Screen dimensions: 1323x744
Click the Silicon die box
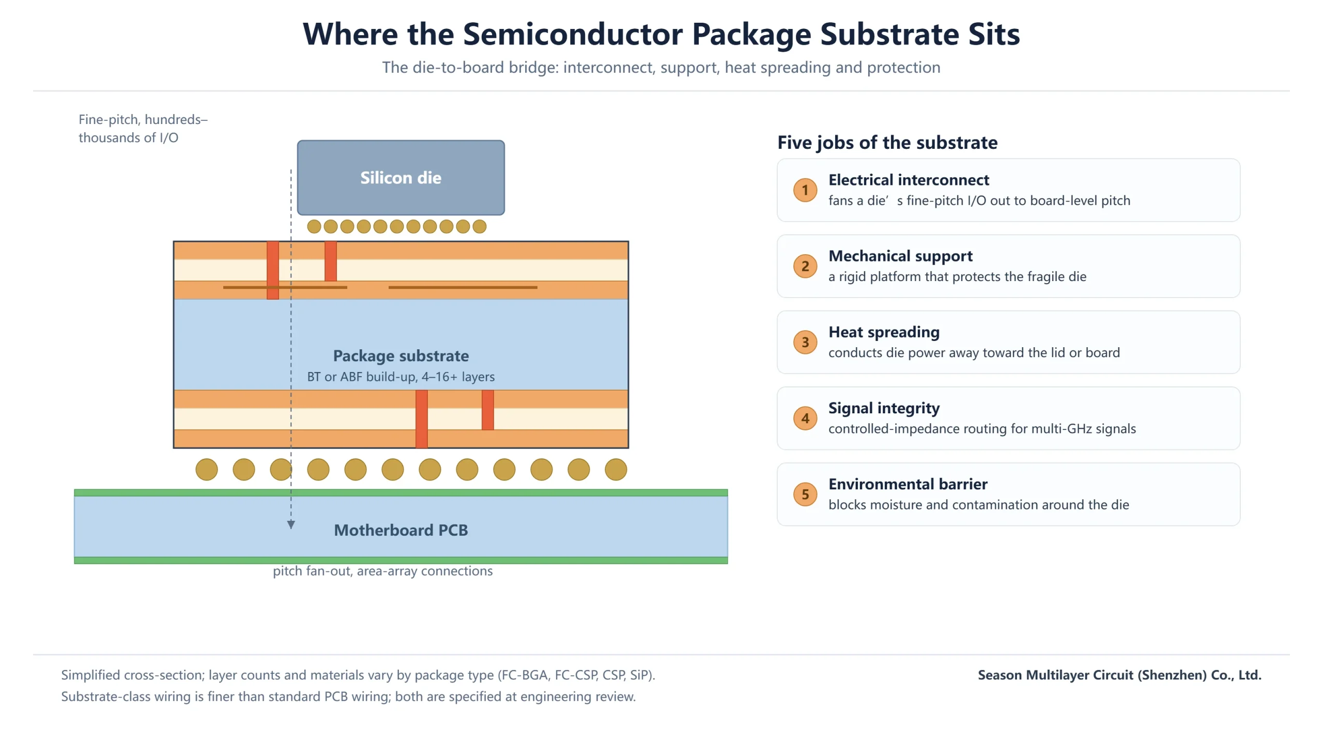coord(401,177)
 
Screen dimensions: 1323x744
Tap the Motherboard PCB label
coord(401,530)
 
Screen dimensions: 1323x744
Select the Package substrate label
coord(401,356)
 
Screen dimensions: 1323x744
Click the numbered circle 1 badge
coord(805,190)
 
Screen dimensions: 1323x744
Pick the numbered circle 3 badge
coord(805,342)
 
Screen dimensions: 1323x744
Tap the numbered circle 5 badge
coord(805,494)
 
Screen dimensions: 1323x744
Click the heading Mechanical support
coord(900,256)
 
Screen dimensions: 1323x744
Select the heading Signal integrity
coord(884,408)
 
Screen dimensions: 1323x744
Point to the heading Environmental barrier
coord(908,484)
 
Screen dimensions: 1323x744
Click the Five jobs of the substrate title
coord(887,143)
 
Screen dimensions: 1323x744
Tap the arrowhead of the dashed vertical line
coord(291,525)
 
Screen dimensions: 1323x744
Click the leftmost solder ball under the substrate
coord(207,470)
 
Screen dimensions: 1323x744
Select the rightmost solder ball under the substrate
coord(616,470)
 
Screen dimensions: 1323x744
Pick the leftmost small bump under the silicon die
coord(314,226)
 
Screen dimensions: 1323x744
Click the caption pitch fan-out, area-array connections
coord(382,571)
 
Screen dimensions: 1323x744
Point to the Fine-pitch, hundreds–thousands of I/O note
coord(143,129)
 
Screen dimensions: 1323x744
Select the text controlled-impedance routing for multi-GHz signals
coord(982,429)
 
